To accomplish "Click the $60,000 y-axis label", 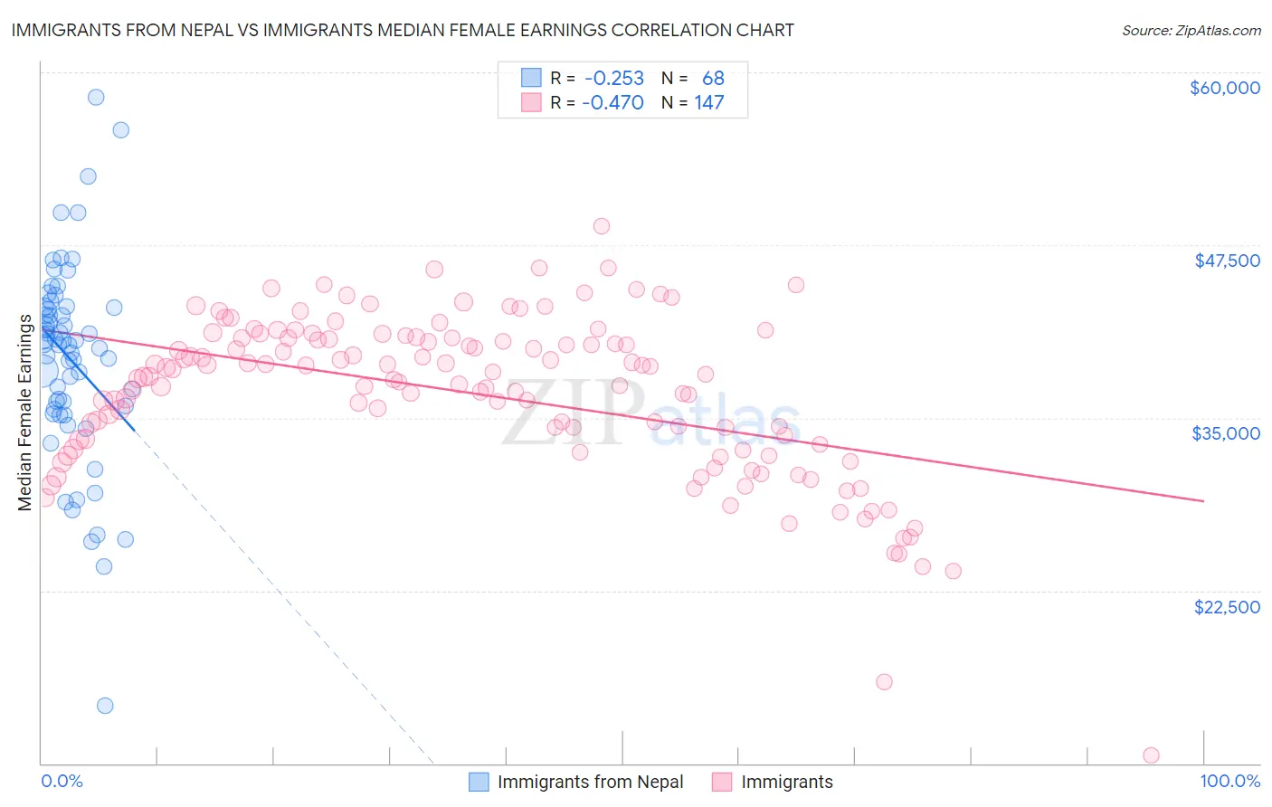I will [x=1224, y=88].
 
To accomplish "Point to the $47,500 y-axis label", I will [x=1227, y=261].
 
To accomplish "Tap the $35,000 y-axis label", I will [x=1226, y=433].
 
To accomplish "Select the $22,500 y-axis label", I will [x=1227, y=607].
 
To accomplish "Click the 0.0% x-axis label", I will [x=62, y=782].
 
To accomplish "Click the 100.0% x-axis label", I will [x=1229, y=782].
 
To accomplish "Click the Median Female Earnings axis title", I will [x=24, y=413].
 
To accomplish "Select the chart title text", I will [x=403, y=30].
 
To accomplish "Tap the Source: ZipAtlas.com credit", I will [x=1191, y=31].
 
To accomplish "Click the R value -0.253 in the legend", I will [x=613, y=79].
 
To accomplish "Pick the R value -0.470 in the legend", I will [x=612, y=102].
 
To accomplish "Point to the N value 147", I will [x=708, y=102].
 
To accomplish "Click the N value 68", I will [x=713, y=79].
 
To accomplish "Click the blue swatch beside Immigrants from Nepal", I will [x=479, y=782].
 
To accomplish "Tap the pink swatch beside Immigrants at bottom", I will [x=721, y=782].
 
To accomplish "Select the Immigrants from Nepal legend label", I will [x=590, y=782].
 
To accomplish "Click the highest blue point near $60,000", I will [x=95, y=98].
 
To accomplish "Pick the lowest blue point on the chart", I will [x=105, y=706].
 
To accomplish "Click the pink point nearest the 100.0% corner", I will [x=1151, y=755].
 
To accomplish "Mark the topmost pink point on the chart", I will [x=602, y=226].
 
